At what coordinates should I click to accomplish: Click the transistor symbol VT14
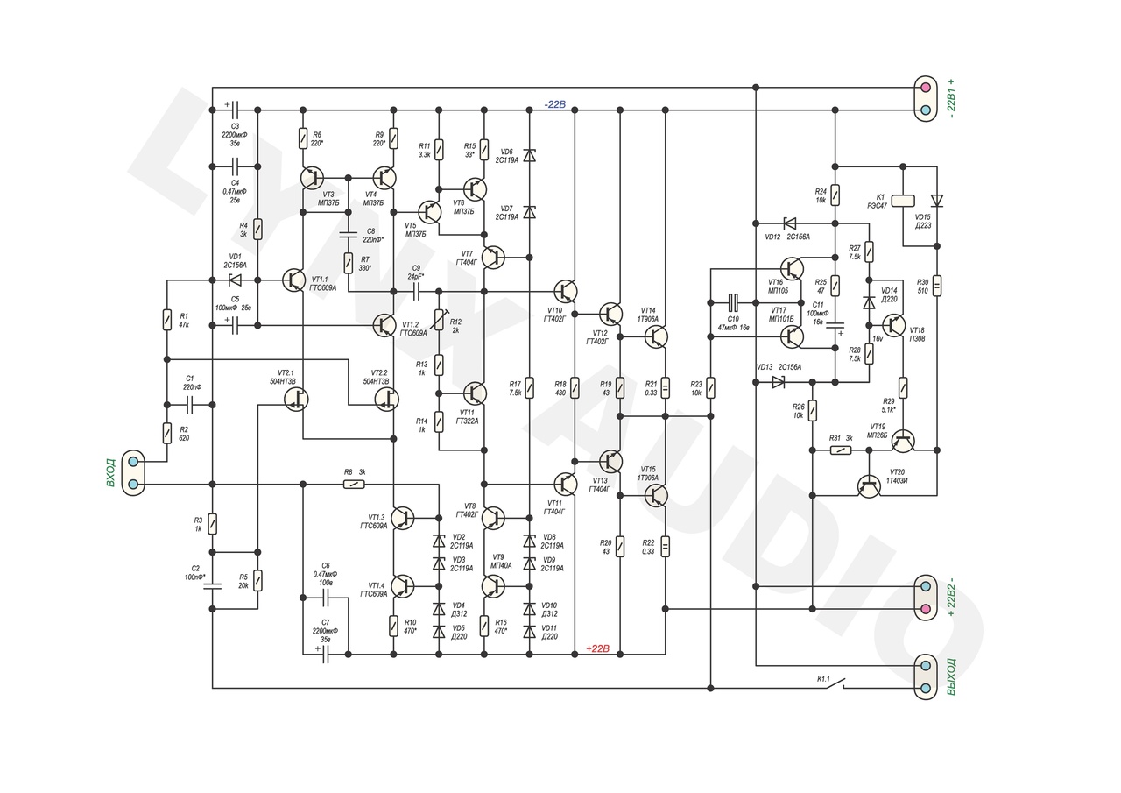[x=656, y=336]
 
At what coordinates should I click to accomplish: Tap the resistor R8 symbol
[x=354, y=484]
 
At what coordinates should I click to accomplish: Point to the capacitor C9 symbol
[x=416, y=291]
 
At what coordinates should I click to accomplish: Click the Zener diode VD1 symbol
[x=235, y=280]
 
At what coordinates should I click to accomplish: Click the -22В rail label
[x=555, y=104]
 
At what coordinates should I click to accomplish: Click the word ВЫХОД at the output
[x=952, y=676]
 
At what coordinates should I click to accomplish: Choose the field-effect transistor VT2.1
[x=298, y=399]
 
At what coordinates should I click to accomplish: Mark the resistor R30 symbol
[x=937, y=286]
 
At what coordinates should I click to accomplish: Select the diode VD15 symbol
[x=937, y=201]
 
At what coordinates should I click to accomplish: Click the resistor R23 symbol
[x=710, y=387]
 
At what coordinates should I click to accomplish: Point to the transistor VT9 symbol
[x=493, y=585]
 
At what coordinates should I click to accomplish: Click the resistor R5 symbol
[x=257, y=580]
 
